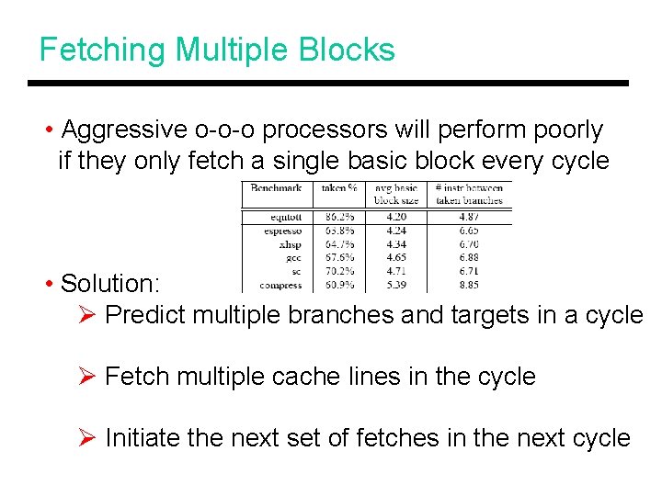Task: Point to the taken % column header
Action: pos(339,188)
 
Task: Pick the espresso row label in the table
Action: pos(281,231)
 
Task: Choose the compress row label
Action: pos(280,286)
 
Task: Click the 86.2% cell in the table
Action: pos(341,218)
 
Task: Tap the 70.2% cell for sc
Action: pos(341,272)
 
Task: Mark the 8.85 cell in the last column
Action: pos(469,286)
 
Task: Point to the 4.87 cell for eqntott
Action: pos(469,218)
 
